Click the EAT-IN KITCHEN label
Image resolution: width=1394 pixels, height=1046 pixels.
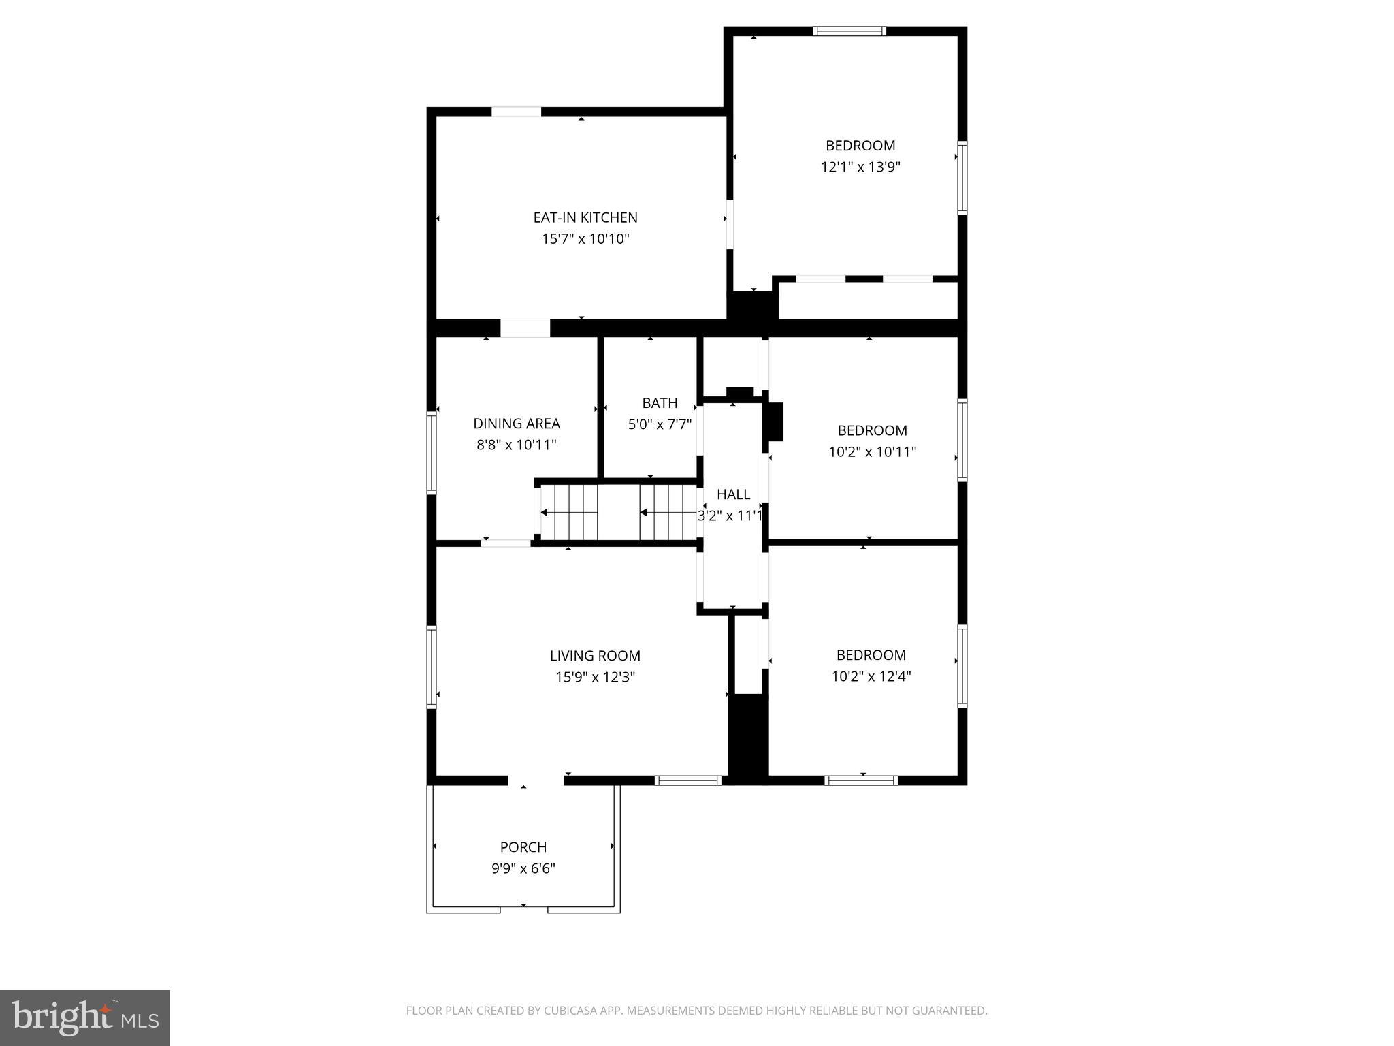585,217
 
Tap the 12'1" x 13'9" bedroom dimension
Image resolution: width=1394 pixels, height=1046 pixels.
860,167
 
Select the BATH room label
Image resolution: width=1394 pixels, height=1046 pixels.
660,402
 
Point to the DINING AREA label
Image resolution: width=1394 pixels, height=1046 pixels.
517,424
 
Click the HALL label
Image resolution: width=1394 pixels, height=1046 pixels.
733,494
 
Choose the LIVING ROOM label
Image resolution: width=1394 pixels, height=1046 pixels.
595,656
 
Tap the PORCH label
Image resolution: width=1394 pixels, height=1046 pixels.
523,847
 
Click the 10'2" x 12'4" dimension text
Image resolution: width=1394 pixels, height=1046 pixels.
871,676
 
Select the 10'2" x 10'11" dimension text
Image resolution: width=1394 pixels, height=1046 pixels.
872,451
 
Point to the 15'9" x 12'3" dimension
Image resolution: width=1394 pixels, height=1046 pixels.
595,677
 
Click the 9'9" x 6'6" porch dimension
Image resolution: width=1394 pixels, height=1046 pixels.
523,868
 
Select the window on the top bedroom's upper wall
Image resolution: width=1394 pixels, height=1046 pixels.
849,31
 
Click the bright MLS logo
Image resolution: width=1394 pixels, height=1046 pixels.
85,1017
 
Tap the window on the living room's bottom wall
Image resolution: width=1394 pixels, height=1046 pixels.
687,780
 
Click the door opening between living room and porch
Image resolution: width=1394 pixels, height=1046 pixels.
536,780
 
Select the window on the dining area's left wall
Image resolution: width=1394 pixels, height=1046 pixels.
431,452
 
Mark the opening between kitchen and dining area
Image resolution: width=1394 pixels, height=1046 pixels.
525,328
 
